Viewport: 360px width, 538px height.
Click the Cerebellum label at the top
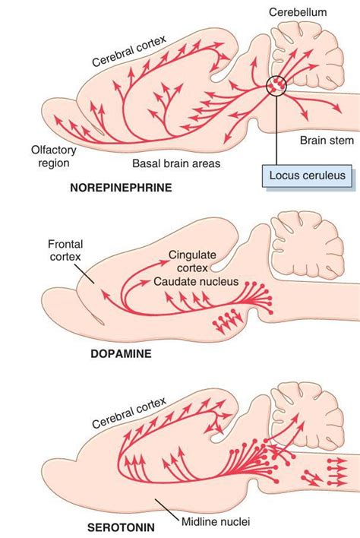point(301,13)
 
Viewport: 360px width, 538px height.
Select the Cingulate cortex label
point(194,261)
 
